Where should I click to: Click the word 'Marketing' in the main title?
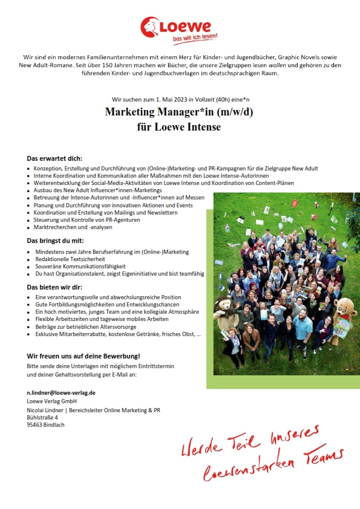pyautogui.click(x=134, y=112)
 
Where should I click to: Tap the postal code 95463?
pyautogui.click(x=37, y=424)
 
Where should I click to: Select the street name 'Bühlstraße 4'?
pyautogui.click(x=43, y=417)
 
